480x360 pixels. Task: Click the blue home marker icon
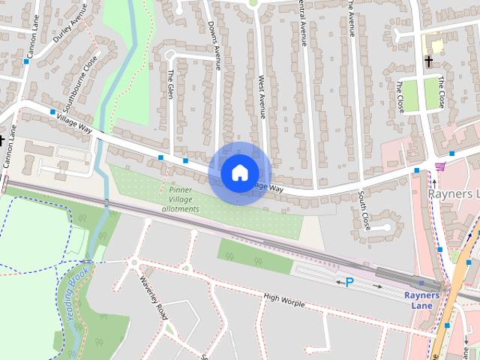pos(239,172)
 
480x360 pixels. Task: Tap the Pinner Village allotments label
pos(179,199)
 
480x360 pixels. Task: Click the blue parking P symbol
pos(349,282)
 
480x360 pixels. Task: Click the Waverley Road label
pos(151,297)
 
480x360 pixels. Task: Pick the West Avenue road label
pos(262,96)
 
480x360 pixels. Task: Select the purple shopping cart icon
pos(439,166)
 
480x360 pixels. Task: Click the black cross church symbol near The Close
pos(428,61)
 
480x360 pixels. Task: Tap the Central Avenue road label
pos(304,22)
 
